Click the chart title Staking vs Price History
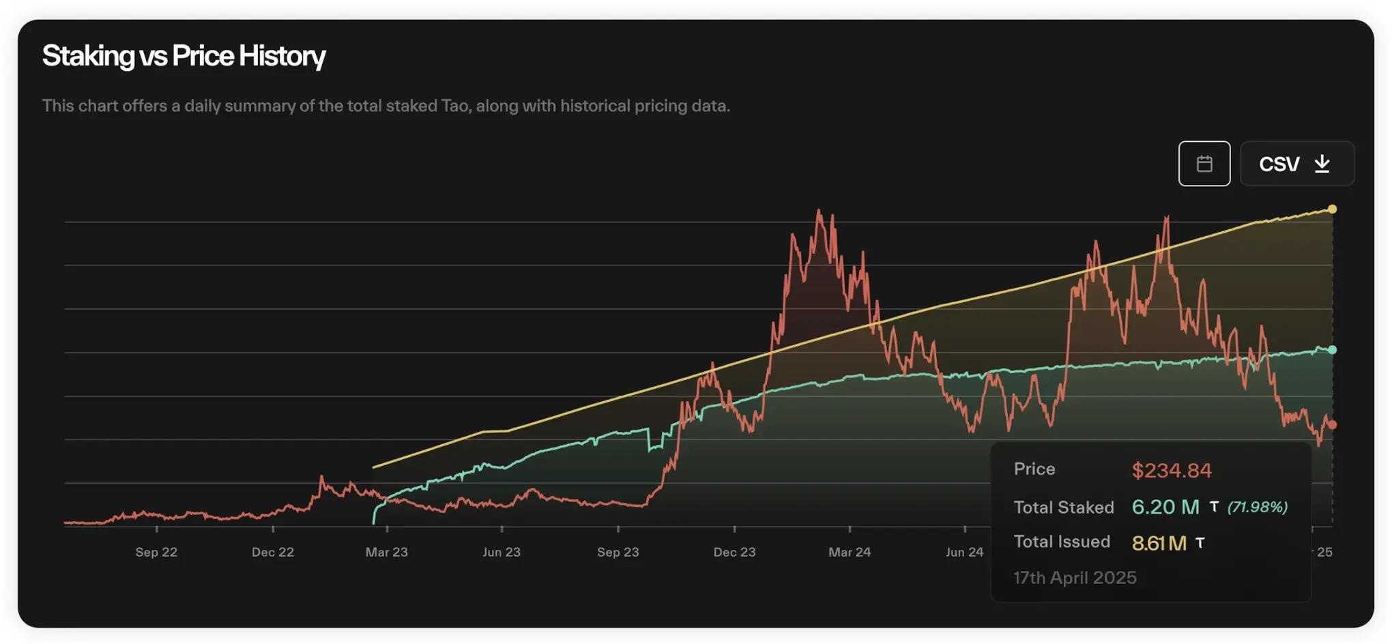click(184, 56)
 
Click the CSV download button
click(1296, 164)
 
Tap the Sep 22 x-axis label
click(156, 552)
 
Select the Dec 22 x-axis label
click(273, 552)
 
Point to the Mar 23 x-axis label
click(387, 552)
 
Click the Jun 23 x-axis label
click(502, 552)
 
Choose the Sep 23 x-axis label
click(618, 552)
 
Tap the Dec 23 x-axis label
click(735, 552)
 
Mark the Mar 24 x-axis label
click(850, 552)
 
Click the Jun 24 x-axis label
click(964, 552)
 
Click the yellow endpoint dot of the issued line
click(1332, 209)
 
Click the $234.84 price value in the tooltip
click(1172, 470)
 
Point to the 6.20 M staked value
click(1165, 507)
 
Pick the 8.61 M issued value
click(1159, 543)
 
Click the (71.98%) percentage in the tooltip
click(1258, 507)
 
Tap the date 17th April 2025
click(1075, 578)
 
